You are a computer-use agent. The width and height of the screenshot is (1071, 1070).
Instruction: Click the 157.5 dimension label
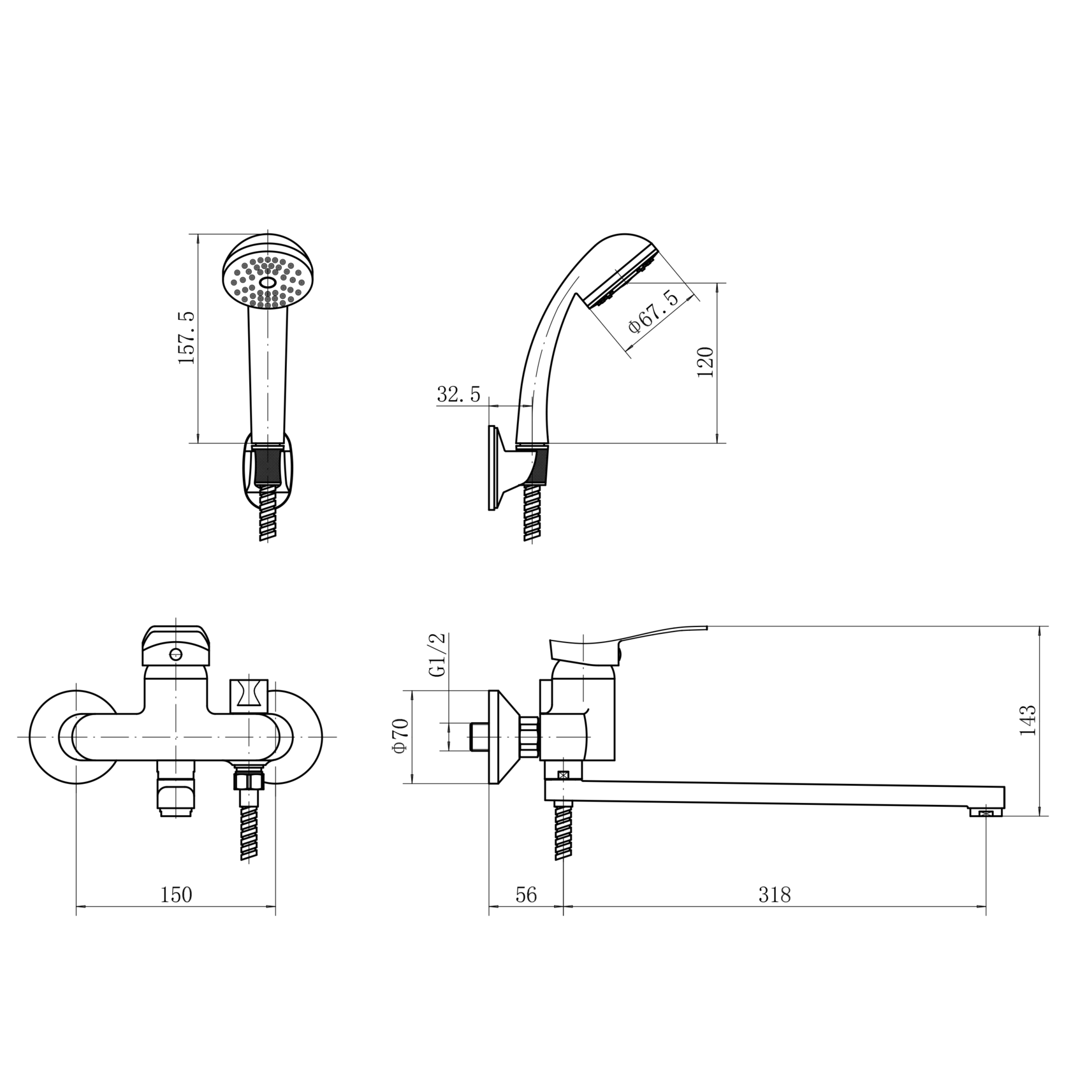click(187, 338)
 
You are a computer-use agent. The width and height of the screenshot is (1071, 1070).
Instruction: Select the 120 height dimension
click(706, 362)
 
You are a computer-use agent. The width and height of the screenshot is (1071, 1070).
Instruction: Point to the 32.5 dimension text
click(458, 394)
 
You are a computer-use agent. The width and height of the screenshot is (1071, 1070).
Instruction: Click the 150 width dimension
click(176, 895)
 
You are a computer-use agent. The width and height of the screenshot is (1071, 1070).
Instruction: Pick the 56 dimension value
click(526, 895)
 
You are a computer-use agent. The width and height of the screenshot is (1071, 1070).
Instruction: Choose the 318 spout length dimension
click(775, 895)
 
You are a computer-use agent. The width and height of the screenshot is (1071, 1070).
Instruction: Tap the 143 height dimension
click(1028, 721)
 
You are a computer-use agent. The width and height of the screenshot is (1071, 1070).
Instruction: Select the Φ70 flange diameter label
click(400, 736)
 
